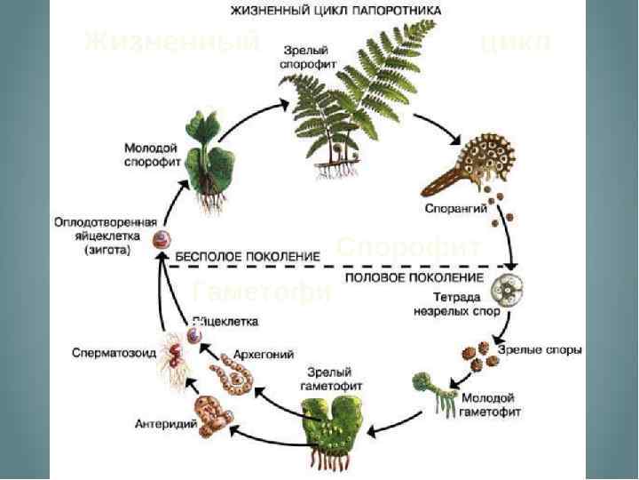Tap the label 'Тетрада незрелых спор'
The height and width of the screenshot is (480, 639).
[454, 304]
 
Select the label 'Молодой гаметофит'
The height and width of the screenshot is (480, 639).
[491, 405]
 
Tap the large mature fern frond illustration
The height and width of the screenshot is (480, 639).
[355, 98]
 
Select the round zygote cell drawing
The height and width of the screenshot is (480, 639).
[162, 238]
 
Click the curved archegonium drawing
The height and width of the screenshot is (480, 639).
[234, 377]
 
